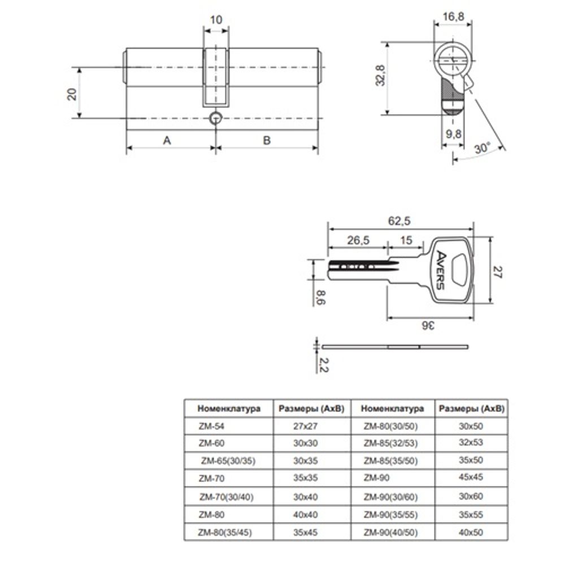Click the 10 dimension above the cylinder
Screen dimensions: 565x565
[x=216, y=19]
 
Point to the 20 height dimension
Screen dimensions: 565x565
[x=72, y=94]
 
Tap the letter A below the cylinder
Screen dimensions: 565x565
[x=167, y=140]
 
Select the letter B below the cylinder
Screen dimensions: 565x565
[x=267, y=140]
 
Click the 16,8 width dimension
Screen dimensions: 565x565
[x=453, y=16]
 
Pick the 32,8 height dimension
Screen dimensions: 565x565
[x=380, y=75]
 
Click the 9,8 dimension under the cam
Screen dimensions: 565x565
[x=453, y=134]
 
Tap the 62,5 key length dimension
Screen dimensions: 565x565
[x=399, y=221]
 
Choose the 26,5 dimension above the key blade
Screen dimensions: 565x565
[x=358, y=240]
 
